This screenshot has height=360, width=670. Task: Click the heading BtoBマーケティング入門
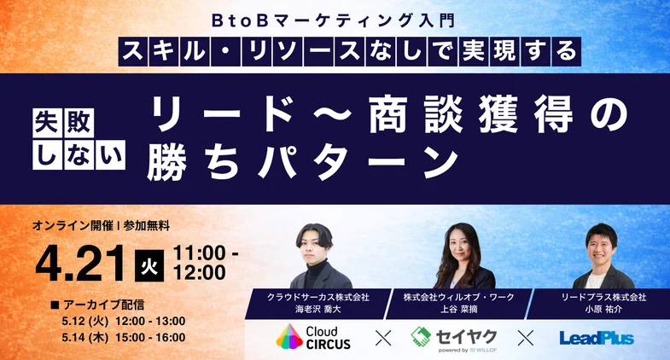pos(335,17)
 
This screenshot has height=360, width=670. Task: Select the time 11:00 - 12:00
pos(205,263)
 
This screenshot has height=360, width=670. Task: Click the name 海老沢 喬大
pos(318,309)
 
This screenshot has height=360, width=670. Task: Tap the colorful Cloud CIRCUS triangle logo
pos(288,338)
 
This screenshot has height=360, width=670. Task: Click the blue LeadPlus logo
pos(597,339)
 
